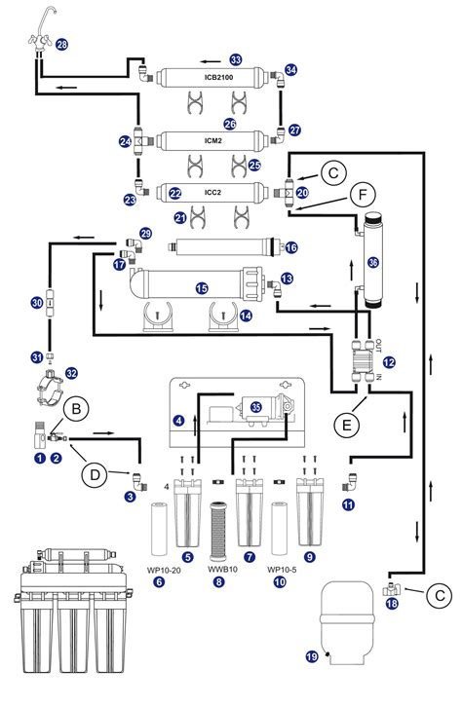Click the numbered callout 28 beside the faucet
click(61, 45)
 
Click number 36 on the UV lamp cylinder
click(371, 262)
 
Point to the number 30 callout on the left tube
click(36, 304)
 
